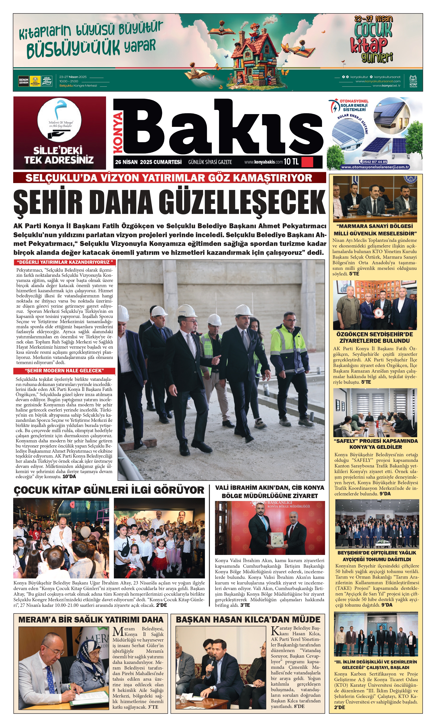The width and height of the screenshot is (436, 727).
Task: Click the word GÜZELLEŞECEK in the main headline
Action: [x=242, y=203]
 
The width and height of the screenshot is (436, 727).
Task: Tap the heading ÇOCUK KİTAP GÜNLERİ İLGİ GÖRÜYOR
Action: [x=109, y=490]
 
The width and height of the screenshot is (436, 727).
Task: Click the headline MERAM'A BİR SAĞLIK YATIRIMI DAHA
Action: [x=91, y=620]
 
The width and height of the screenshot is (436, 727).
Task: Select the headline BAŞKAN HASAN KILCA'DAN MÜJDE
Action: [x=248, y=620]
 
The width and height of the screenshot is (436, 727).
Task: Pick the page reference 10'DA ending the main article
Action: [x=69, y=477]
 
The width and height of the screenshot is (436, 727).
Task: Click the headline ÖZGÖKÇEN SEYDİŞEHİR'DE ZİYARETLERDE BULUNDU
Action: [x=375, y=338]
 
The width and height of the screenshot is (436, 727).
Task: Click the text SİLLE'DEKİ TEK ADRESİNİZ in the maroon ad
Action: [x=59, y=155]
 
